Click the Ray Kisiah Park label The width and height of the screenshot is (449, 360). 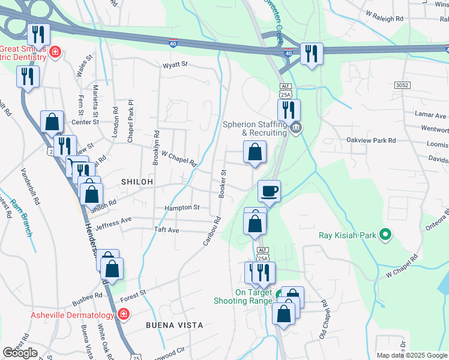[348, 235]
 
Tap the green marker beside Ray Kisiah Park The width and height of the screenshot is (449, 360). [385, 235]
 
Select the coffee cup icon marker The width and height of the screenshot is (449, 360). [270, 191]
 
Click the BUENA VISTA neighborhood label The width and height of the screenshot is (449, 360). [174, 325]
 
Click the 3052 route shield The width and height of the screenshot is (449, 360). [402, 86]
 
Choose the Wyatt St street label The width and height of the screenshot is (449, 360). [175, 64]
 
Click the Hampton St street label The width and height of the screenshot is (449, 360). [182, 208]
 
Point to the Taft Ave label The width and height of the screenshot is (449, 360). [166, 230]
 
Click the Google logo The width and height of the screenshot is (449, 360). [20, 353]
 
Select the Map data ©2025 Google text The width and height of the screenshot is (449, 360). [412, 355]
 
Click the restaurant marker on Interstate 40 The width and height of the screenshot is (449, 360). [312, 53]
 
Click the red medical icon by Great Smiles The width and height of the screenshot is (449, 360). [55, 52]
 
